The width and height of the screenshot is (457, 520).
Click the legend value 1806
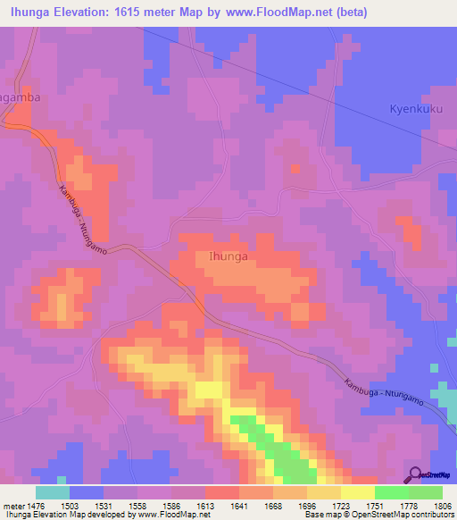click(x=443, y=505)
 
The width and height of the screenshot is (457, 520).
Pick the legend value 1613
click(x=204, y=505)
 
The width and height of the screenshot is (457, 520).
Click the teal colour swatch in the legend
click(x=52, y=492)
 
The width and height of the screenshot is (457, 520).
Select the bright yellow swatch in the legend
click(x=357, y=492)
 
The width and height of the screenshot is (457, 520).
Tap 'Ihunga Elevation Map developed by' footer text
click(x=62, y=515)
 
